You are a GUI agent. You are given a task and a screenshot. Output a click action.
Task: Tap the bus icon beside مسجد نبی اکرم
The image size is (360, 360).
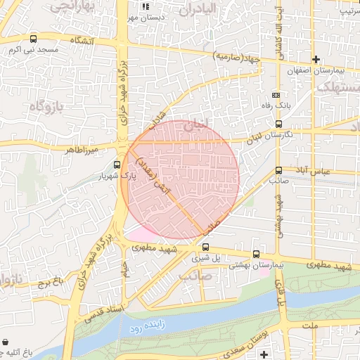(34, 39)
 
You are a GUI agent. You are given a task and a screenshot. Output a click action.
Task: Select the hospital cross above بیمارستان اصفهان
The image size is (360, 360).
(316, 60)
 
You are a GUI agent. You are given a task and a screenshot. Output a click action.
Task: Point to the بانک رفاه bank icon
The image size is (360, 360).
(276, 95)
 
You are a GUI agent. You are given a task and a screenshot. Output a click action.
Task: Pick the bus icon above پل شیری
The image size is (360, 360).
(206, 247)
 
